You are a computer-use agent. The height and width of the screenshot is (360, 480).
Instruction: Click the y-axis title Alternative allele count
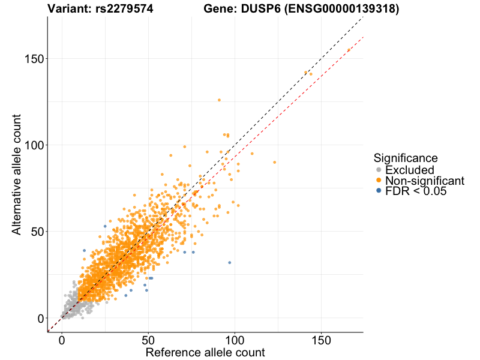click(17, 174)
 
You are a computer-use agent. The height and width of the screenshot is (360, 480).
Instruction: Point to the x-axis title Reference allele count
click(205, 352)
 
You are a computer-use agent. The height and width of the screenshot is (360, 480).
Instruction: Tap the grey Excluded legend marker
click(379, 170)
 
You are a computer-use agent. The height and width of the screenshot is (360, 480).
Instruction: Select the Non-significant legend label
click(425, 181)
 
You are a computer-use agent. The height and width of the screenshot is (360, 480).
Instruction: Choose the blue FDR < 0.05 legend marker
click(379, 191)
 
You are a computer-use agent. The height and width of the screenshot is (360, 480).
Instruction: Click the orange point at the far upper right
click(349, 50)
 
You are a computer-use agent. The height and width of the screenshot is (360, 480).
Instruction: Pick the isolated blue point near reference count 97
click(229, 263)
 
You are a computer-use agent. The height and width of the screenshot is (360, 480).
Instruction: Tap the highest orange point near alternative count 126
click(219, 100)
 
